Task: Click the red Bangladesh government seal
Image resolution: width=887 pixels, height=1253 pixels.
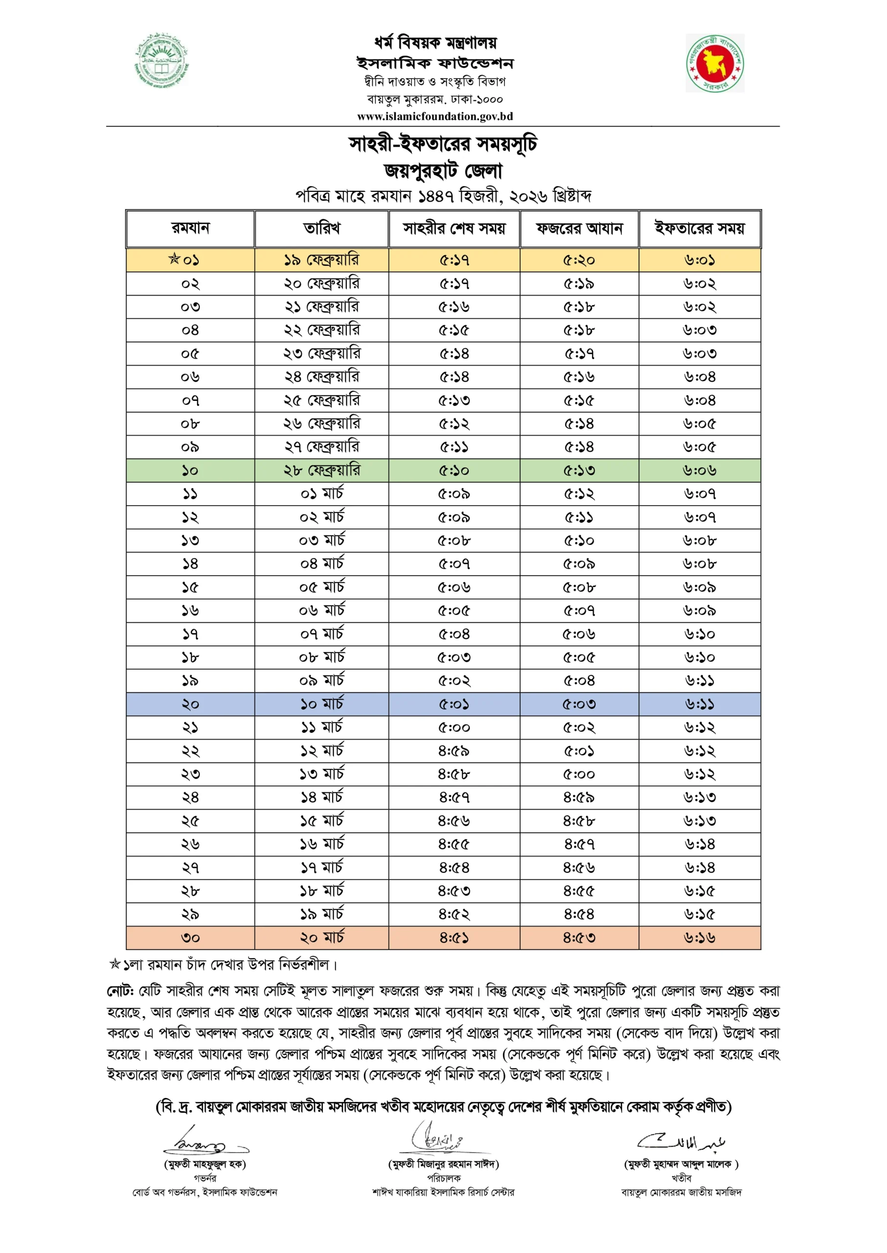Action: pos(715,64)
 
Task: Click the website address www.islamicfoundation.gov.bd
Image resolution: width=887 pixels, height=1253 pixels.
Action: pos(435,116)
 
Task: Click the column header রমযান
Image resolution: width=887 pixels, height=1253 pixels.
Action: pos(190,228)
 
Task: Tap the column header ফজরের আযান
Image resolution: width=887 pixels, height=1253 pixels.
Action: pos(579,228)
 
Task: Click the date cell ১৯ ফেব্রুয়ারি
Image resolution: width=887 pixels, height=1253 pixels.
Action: pos(321,260)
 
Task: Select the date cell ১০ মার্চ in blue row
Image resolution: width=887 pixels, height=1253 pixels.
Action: pos(321,704)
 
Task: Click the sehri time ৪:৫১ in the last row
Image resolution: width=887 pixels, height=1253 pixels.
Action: pos(454,938)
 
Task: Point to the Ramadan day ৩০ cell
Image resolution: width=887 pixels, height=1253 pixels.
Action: pos(190,938)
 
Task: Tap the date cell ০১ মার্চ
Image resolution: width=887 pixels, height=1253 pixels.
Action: pos(321,494)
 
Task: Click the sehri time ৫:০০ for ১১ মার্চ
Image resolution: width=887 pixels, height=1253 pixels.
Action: pos(454,727)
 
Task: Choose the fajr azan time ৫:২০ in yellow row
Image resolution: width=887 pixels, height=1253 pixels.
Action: pos(579,260)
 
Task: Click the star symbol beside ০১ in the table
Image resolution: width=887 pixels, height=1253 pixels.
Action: pos(174,259)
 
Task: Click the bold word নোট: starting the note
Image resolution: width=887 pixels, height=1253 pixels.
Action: pos(120,991)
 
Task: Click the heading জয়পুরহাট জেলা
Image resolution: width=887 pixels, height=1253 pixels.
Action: pos(443,171)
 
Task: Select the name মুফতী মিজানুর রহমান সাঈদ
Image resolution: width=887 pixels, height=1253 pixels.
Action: pos(443,1164)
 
